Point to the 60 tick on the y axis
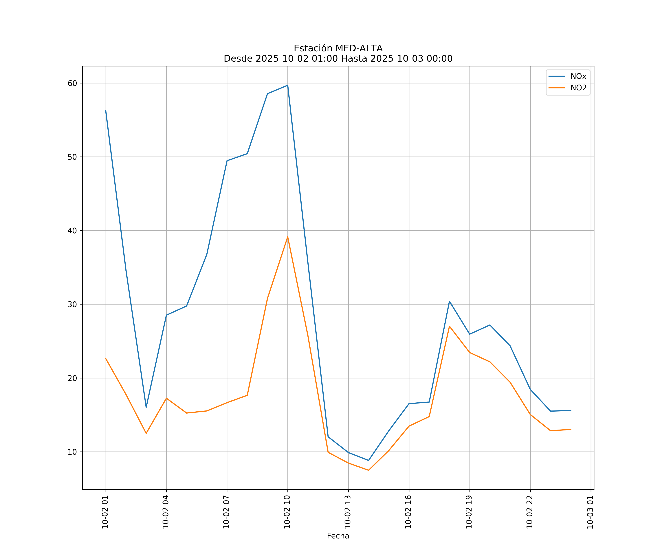point(72,83)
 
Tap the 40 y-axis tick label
point(72,231)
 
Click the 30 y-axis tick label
point(72,304)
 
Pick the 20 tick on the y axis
point(72,378)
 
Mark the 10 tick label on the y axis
point(72,452)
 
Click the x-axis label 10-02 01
point(105,512)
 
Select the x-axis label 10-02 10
point(287,512)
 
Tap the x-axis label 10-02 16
point(408,512)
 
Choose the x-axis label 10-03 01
point(590,512)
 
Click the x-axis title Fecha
point(338,536)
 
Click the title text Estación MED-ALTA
point(338,48)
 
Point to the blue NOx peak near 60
point(288,85)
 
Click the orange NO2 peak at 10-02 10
point(288,237)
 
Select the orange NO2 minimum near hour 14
point(368,470)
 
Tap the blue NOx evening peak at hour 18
point(449,301)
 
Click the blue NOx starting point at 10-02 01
point(106,111)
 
